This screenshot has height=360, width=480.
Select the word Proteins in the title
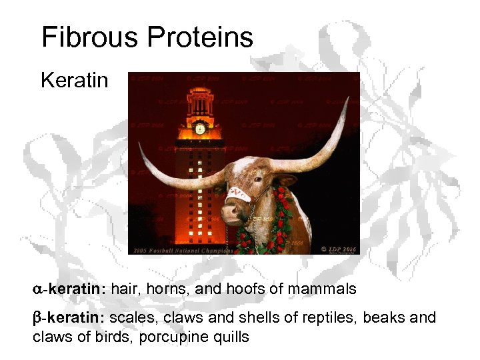coord(200,38)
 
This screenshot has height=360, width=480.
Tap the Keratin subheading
coord(74,81)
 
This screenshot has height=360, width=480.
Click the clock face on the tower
coord(199,129)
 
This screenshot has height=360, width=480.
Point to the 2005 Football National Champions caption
coord(183,251)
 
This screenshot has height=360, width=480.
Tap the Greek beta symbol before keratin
coord(37,318)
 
